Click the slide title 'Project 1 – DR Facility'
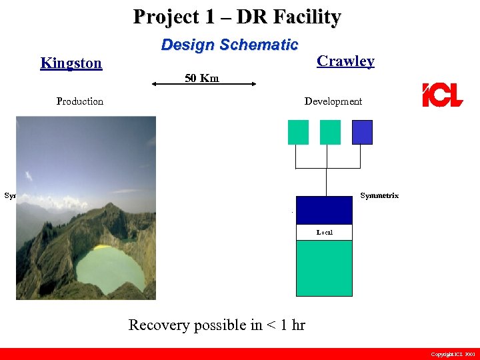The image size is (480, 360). (x=237, y=17)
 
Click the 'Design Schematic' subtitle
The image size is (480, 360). (x=229, y=45)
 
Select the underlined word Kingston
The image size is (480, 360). (x=71, y=63)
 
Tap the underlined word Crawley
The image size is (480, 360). (x=345, y=61)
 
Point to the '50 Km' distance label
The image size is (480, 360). (x=201, y=79)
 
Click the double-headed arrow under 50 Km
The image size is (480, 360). (x=203, y=84)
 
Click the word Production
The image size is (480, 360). (x=80, y=101)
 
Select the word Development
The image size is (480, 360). (x=333, y=101)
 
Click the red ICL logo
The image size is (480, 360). (x=442, y=95)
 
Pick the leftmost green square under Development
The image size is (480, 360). (x=298, y=132)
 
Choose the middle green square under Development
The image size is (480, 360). (x=330, y=132)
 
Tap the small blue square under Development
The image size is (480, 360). (x=362, y=132)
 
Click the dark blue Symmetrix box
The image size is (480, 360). (x=323, y=210)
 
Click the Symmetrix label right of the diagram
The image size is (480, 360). (x=379, y=196)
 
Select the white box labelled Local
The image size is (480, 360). (x=323, y=232)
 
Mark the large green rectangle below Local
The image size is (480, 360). (x=323, y=268)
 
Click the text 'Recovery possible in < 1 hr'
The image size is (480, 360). (x=217, y=325)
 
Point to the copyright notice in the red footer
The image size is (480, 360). (x=452, y=354)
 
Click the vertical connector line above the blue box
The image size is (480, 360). (x=326, y=181)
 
